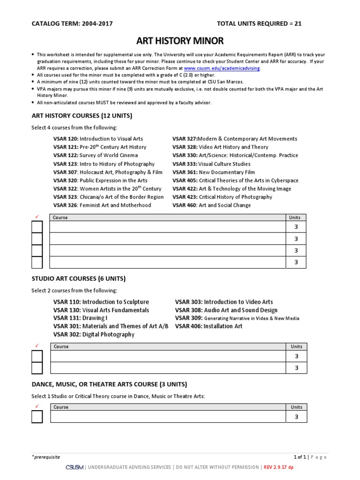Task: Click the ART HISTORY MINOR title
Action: [x=180, y=41]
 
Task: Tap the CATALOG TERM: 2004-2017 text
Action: [x=72, y=23]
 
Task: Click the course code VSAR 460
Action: [x=185, y=205]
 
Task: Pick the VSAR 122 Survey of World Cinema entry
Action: [x=96, y=156]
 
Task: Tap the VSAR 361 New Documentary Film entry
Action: [x=214, y=172]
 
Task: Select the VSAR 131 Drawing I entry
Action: [x=80, y=318]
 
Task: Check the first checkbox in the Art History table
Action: [x=37, y=227]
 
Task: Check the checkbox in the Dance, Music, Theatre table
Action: [x=37, y=417]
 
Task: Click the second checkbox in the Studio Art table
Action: [x=37, y=368]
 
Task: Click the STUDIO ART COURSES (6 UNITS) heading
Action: [x=78, y=278]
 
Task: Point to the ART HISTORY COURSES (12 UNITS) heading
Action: [x=82, y=115]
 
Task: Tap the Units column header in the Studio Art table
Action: [x=296, y=346]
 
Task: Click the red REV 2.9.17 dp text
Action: [x=278, y=467]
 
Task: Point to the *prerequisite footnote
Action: [x=46, y=457]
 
